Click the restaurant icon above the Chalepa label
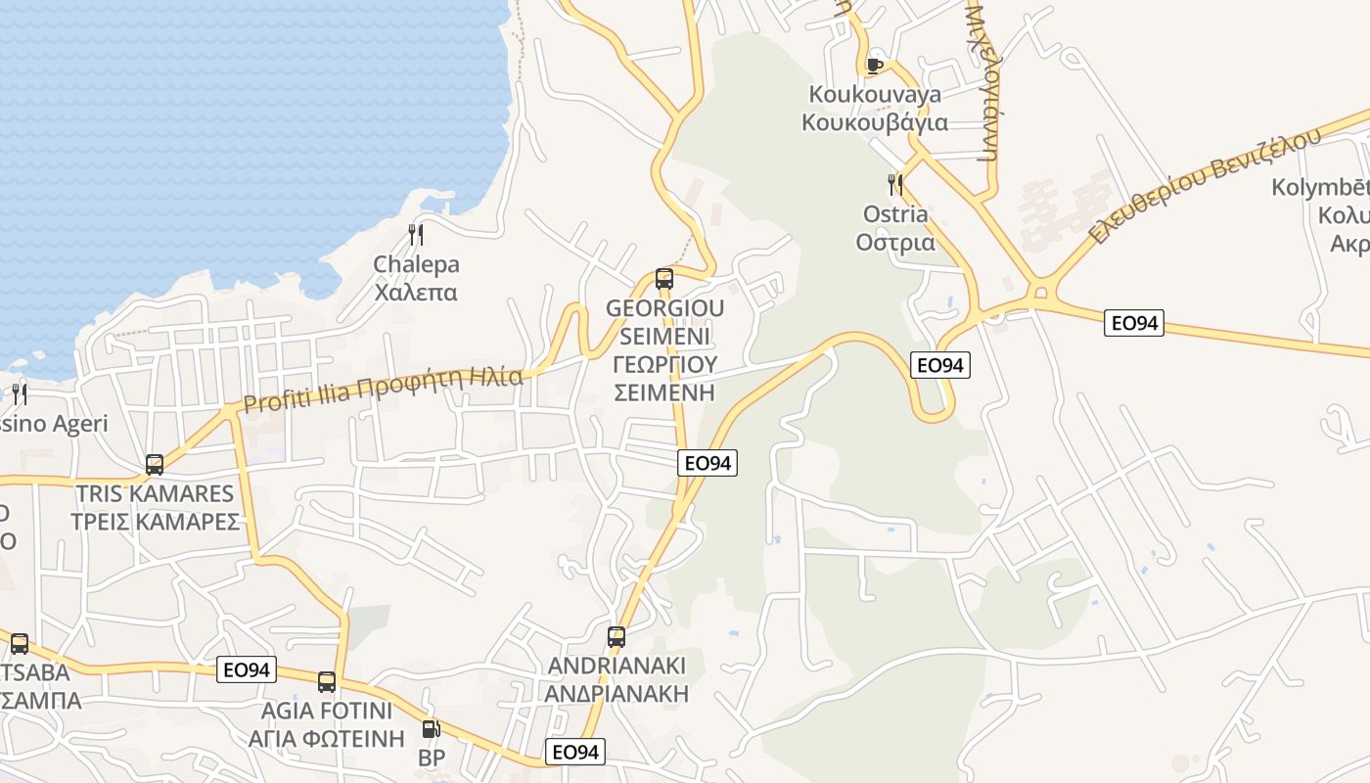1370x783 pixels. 416,234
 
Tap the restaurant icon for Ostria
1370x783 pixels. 894,184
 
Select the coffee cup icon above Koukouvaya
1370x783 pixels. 875,66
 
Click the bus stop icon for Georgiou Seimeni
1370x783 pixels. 664,279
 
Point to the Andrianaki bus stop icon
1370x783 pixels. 616,637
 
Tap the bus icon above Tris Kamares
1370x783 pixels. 155,465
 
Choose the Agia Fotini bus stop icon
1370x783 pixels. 327,682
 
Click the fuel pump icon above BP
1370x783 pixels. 431,729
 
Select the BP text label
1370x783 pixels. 432,759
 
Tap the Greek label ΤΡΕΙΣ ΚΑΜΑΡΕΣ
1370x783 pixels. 155,521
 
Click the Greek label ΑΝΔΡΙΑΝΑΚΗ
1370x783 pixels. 617,694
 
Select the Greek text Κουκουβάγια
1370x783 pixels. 875,122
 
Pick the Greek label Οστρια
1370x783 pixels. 895,242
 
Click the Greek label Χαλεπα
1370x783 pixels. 416,292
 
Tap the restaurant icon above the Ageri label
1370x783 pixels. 20,394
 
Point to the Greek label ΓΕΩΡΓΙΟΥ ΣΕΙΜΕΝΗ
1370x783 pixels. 664,379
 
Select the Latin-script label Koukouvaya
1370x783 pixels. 875,94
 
